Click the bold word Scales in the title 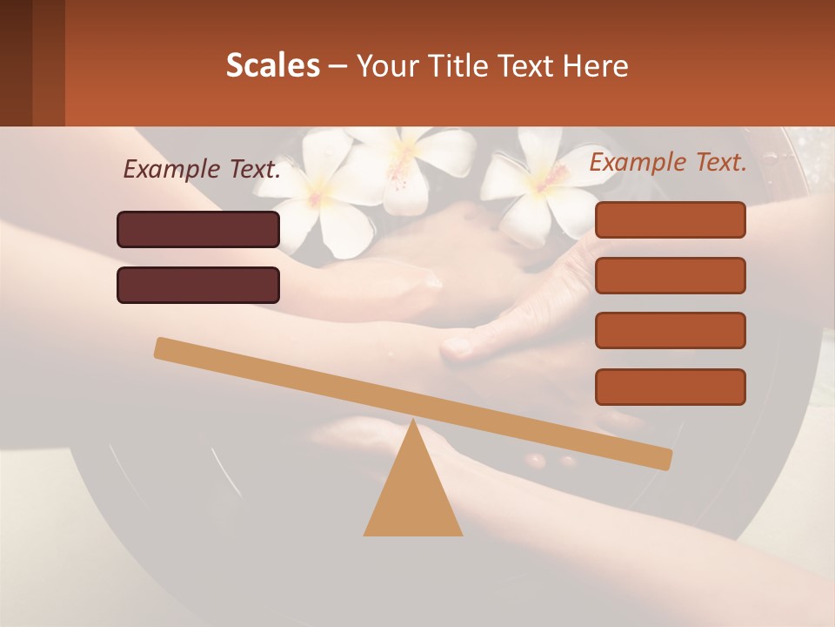point(272,65)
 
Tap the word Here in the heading point(596,65)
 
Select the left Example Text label point(202,170)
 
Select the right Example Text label point(668,162)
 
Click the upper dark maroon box point(198,229)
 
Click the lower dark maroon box point(198,285)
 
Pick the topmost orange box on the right point(670,219)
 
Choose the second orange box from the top point(670,275)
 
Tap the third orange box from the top point(670,330)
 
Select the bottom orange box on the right point(670,387)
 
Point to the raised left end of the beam point(165,348)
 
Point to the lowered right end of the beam point(661,457)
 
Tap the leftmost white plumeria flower point(317,196)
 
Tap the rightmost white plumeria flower point(531,183)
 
